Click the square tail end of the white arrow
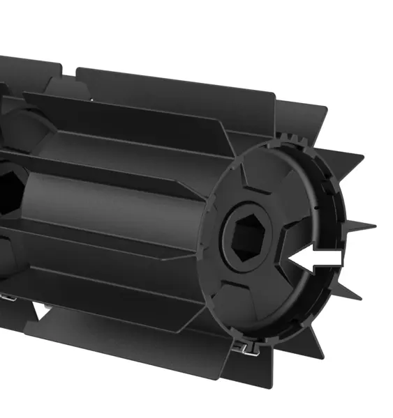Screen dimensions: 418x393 (339, 258)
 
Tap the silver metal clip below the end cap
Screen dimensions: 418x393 (242, 346)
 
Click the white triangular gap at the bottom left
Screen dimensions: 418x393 (43, 312)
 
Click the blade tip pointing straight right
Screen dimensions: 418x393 (374, 226)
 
